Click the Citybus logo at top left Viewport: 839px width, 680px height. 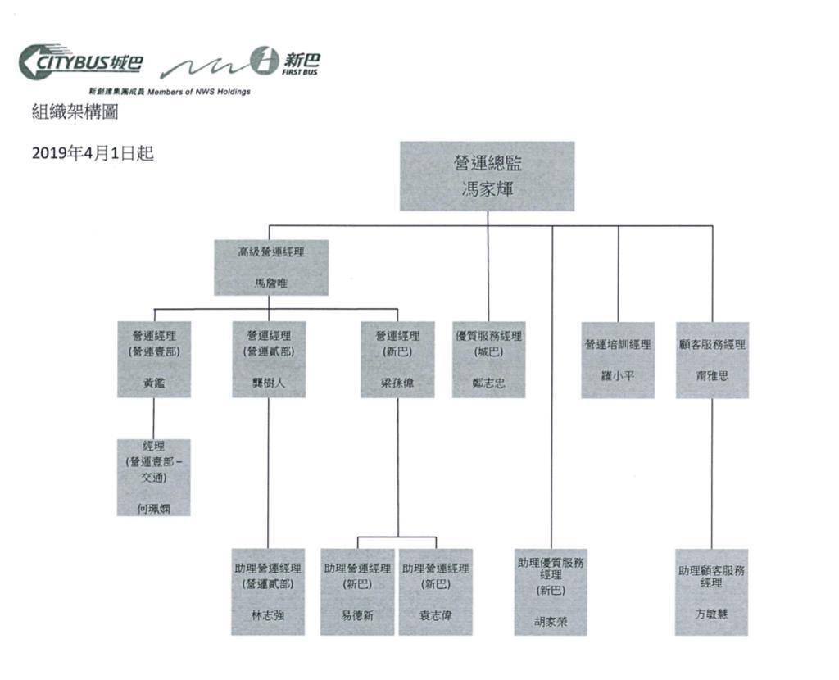[x=80, y=62]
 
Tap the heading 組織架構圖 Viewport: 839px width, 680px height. [x=75, y=112]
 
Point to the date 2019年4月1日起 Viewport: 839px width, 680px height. [x=92, y=154]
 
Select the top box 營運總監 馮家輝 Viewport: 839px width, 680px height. [x=487, y=176]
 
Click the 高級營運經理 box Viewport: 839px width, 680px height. [x=270, y=267]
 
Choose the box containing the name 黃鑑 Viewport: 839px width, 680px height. [x=154, y=360]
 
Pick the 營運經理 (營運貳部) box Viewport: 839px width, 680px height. [x=269, y=360]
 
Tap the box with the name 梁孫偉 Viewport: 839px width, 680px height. [x=397, y=360]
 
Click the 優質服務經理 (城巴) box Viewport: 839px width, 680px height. [x=488, y=360]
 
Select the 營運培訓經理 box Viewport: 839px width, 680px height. [x=618, y=360]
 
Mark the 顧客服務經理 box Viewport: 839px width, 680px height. [x=712, y=360]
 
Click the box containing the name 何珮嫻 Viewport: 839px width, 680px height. [x=154, y=477]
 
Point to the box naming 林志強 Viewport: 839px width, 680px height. [x=268, y=592]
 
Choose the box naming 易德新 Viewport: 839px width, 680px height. [x=357, y=592]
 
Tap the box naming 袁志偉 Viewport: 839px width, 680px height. [x=436, y=592]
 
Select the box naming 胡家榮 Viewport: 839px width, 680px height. [x=551, y=592]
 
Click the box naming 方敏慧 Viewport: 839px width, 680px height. [x=712, y=592]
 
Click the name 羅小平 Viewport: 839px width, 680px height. [x=618, y=375]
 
